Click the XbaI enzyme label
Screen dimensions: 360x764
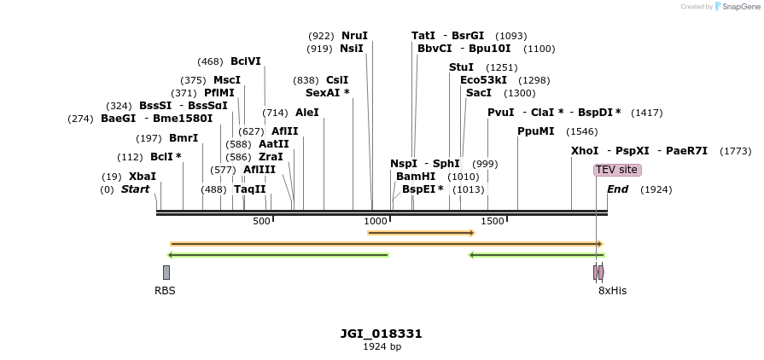143,177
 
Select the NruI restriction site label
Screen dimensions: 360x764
354,36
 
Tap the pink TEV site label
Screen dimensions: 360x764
616,170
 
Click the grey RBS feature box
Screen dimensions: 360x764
166,272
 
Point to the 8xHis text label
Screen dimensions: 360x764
612,291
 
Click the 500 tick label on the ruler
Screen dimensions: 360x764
261,222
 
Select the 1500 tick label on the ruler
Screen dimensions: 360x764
493,222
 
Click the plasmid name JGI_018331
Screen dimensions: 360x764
382,334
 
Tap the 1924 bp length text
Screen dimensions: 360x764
382,346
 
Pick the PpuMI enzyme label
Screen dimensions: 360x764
536,131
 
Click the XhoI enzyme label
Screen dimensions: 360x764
585,151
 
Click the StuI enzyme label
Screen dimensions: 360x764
461,67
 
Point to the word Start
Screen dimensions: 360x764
135,189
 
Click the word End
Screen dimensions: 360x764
618,189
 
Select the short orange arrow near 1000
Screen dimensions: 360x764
420,232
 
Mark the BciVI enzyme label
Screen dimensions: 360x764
246,61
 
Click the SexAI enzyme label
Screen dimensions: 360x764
327,92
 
